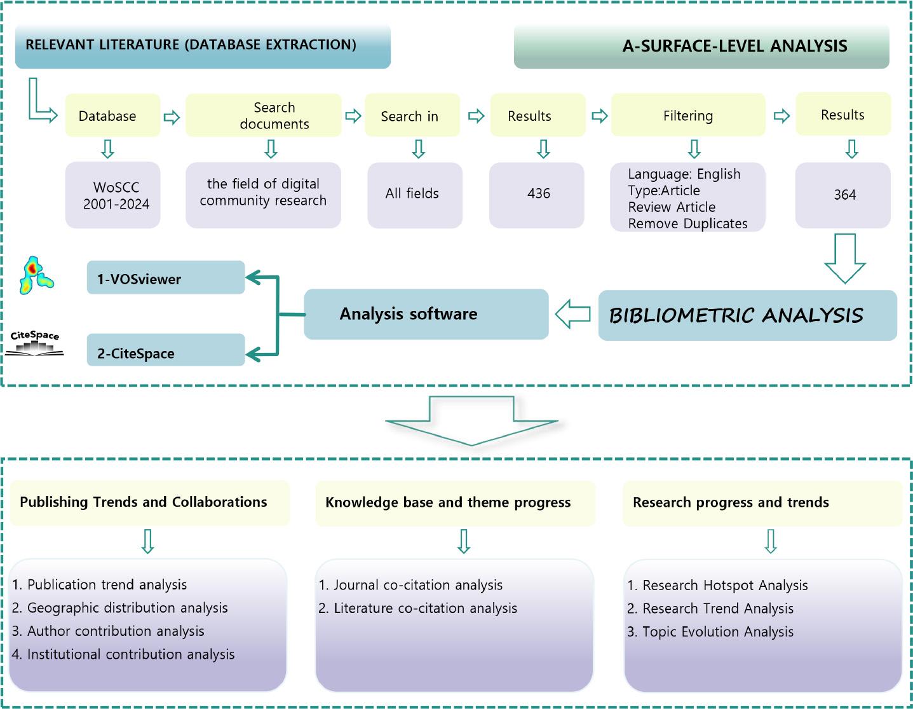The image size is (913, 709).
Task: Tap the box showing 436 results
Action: coord(537,195)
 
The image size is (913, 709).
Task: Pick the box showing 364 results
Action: coord(843,195)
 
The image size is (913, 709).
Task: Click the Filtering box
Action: coord(688,115)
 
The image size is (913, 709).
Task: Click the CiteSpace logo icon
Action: coord(35,343)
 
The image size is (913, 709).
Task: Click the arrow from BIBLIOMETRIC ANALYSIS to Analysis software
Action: coord(573,314)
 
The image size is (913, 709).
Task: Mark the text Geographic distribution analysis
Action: coord(127,608)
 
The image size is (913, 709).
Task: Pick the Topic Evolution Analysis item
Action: coord(717,632)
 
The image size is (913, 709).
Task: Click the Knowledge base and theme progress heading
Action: coord(449,502)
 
